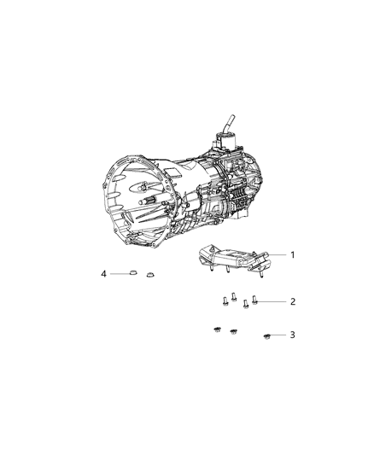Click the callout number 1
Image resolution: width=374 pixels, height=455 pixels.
click(291, 254)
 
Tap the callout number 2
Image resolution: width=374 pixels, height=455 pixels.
click(292, 301)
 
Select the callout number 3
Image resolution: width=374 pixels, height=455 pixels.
click(292, 335)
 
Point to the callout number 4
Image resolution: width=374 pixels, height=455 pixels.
click(103, 274)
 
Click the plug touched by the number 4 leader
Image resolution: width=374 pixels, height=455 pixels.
click(132, 273)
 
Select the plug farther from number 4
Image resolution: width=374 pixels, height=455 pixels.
click(151, 275)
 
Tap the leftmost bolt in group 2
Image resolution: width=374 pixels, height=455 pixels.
click(224, 300)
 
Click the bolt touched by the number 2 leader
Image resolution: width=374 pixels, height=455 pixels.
click(255, 300)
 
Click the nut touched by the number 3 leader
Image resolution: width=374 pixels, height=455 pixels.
click(268, 335)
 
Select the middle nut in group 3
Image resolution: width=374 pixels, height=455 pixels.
click(232, 330)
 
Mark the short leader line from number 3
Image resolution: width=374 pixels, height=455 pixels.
click(280, 335)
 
